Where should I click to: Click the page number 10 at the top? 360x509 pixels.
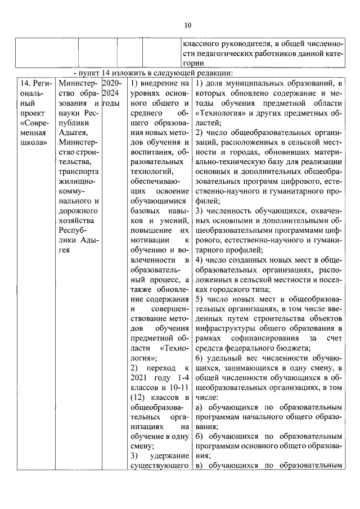188,25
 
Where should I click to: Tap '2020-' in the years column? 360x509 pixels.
112,83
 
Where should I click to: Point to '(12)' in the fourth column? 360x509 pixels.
138,397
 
